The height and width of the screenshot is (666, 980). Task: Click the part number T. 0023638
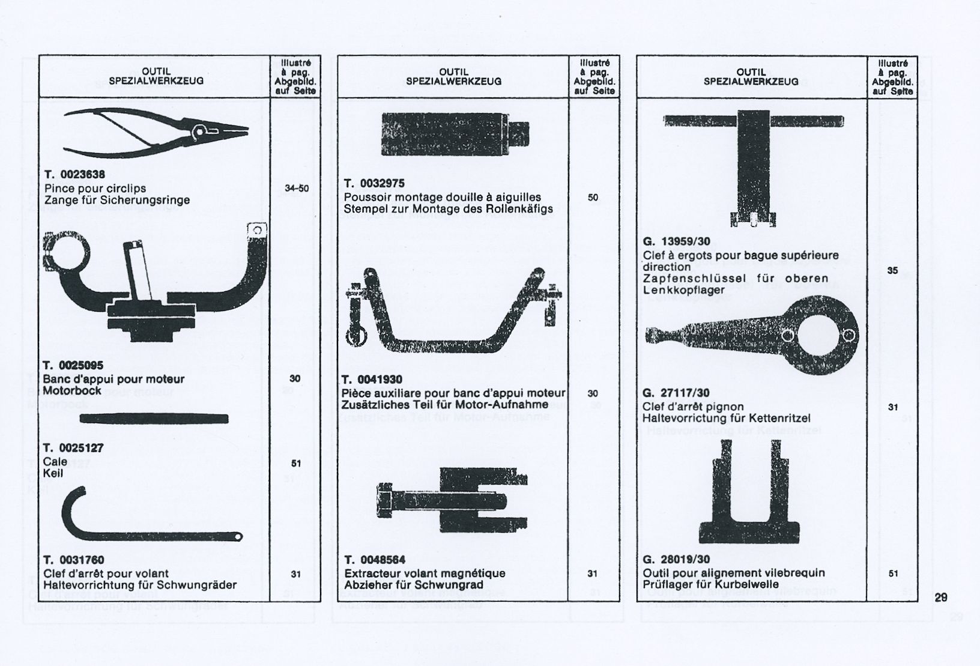[74, 175]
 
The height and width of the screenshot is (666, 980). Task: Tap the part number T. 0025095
[73, 365]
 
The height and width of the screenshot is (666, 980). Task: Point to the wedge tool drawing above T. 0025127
[154, 419]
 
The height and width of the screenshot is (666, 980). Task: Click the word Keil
[53, 473]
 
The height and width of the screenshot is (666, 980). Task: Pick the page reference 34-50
[297, 189]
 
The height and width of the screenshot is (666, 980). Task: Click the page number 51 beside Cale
[295, 464]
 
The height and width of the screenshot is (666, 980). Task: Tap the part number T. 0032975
[374, 183]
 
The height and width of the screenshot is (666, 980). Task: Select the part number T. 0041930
[372, 380]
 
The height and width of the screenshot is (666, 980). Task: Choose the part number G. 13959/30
[676, 242]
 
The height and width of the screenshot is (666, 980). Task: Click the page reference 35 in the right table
[892, 271]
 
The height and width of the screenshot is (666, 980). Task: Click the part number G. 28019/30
[676, 560]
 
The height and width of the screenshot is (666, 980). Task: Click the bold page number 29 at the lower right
[941, 598]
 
